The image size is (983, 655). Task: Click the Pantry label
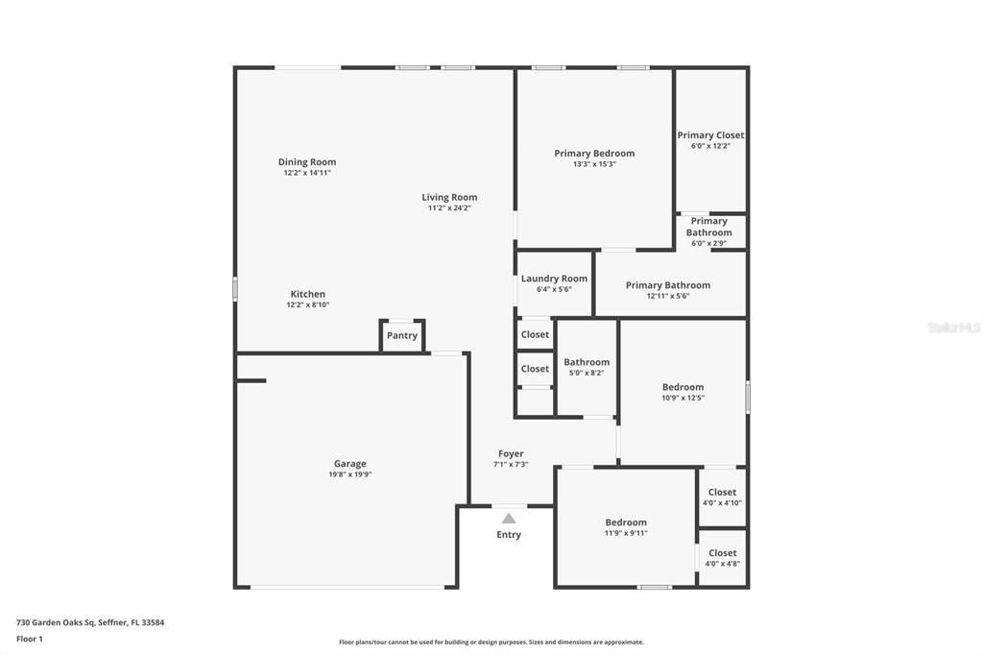pyautogui.click(x=402, y=335)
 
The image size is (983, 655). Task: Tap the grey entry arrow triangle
pyautogui.click(x=509, y=519)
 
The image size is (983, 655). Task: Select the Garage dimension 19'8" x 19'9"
pyautogui.click(x=349, y=474)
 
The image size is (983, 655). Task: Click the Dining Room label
pyautogui.click(x=307, y=162)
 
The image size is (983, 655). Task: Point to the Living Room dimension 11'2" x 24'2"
pyautogui.click(x=449, y=208)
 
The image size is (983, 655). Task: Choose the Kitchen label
pyautogui.click(x=308, y=294)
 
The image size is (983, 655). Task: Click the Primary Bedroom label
pyautogui.click(x=594, y=153)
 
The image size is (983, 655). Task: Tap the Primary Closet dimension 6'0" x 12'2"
pyautogui.click(x=710, y=146)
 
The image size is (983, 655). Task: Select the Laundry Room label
pyautogui.click(x=554, y=279)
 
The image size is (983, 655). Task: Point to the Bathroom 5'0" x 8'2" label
pyautogui.click(x=587, y=362)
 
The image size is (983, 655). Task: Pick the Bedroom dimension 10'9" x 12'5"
pyautogui.click(x=683, y=398)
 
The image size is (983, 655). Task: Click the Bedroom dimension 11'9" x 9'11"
pyautogui.click(x=626, y=533)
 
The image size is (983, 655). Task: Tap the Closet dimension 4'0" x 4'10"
pyautogui.click(x=722, y=503)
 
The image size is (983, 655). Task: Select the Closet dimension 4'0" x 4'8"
pyautogui.click(x=722, y=564)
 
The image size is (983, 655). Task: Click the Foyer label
pyautogui.click(x=511, y=453)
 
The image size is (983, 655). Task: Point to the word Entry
pyautogui.click(x=509, y=535)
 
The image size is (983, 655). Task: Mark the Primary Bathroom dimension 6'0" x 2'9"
pyautogui.click(x=708, y=243)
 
